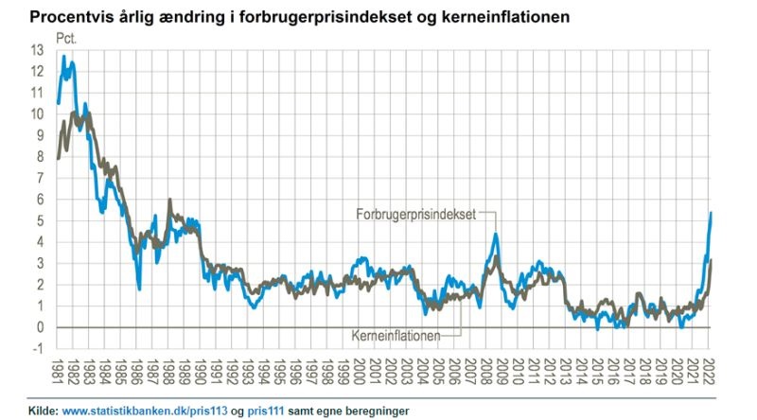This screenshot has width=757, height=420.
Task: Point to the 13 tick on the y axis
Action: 37,50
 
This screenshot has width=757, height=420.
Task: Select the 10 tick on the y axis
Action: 37,114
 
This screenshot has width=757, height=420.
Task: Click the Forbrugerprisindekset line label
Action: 416,214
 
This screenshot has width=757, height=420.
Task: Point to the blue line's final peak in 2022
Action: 711,213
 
